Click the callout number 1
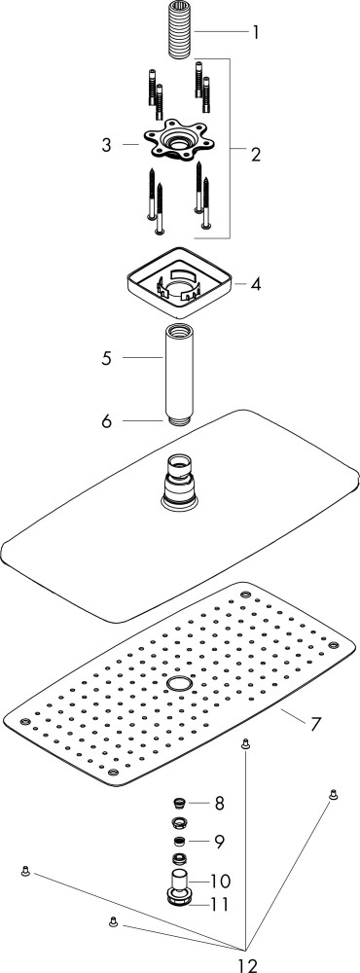point(255,32)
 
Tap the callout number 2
point(256,154)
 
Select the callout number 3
point(107,145)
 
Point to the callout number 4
point(256,285)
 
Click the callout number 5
point(107,358)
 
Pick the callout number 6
point(107,421)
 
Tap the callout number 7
point(315,723)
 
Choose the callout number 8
point(219,804)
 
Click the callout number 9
point(219,842)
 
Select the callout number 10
point(220,882)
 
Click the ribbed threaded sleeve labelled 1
point(181,30)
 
